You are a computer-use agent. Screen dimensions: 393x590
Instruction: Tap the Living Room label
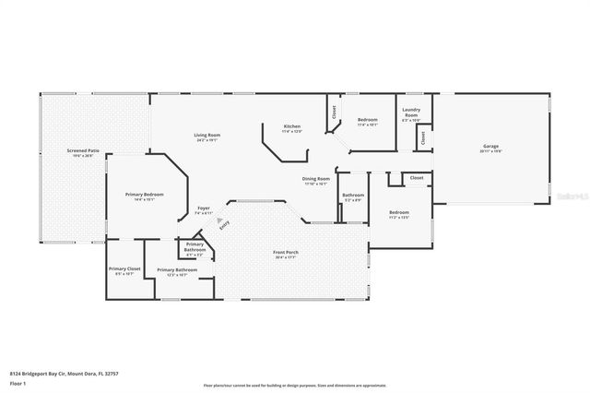[206, 136]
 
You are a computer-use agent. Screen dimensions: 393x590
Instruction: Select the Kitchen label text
[292, 125]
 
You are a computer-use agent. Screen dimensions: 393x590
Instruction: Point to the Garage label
[490, 147]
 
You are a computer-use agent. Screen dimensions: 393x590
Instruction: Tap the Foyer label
[204, 208]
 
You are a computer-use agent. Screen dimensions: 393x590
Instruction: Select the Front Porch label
[285, 252]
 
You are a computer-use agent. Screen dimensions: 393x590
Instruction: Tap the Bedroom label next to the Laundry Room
[367, 119]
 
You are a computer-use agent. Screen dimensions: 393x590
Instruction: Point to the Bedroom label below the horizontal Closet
[398, 212]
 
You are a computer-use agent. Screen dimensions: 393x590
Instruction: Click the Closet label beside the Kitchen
[332, 114]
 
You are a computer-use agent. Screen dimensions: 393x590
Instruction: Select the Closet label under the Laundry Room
[422, 137]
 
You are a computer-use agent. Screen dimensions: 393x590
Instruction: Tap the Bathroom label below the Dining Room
[353, 195]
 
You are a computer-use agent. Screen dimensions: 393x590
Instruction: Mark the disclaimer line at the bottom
[295, 386]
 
